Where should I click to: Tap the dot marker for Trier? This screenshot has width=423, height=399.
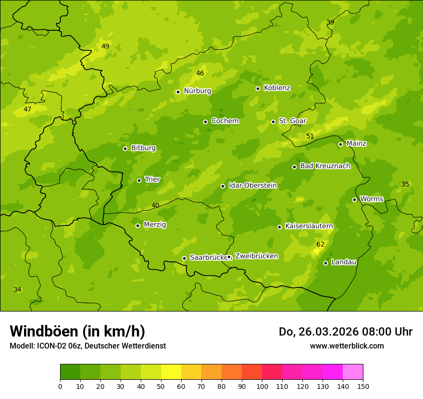coord(139,180)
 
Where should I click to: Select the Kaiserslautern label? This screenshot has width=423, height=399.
coord(309,226)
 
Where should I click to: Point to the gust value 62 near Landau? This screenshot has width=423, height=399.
coord(320,245)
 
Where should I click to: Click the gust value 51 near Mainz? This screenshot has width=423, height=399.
coord(310,137)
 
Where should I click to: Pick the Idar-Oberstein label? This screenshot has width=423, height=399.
coord(252,186)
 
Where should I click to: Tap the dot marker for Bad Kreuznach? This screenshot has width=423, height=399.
coord(294,167)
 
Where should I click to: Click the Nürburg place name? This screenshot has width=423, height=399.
coord(197,91)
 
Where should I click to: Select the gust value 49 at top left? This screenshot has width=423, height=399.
coord(105,47)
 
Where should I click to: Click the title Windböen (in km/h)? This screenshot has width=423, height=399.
coord(77,331)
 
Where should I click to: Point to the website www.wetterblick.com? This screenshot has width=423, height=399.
coord(347,346)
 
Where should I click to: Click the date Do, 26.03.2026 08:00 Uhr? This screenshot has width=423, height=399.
coord(345,332)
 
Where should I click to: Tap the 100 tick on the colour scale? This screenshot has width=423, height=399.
coord(262,386)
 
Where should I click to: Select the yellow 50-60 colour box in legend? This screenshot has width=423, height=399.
coord(171,372)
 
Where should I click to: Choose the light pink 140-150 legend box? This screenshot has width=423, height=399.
coord(353,372)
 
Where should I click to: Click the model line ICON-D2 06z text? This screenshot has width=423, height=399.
coord(87,346)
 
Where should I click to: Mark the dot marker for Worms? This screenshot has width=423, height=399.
coord(354,199)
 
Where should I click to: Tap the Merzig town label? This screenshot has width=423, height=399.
coord(155,224)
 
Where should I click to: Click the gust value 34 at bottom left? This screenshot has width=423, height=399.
coord(17,289)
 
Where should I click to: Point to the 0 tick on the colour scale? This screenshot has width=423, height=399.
coord(60,386)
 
